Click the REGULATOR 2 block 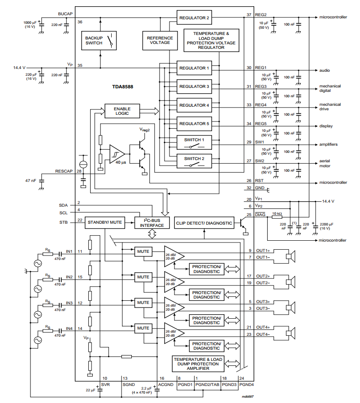[x=194, y=17]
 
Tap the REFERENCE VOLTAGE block [x=159, y=40]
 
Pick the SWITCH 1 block [x=194, y=142]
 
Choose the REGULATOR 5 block [x=194, y=123]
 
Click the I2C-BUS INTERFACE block [x=152, y=223]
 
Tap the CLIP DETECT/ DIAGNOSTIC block [x=204, y=223]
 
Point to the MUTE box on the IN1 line [x=143, y=251]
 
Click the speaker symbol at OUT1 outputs [x=291, y=256]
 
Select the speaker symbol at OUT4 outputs [x=291, y=333]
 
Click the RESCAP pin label [x=65, y=171]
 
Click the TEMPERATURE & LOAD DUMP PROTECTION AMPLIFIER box [x=198, y=364]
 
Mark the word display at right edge [x=326, y=126]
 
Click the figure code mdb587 [x=248, y=397]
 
